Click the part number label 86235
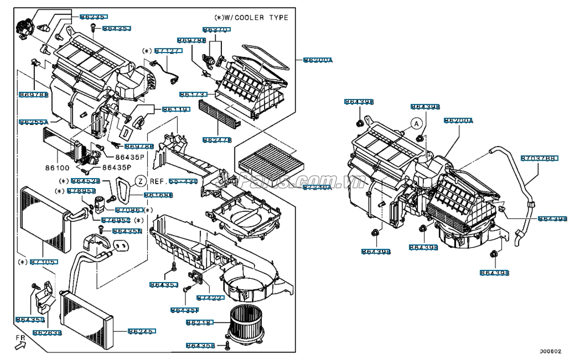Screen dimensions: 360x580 [x=94, y=17]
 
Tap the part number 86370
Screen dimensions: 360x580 [x=216, y=29]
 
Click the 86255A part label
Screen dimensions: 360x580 [x=34, y=122]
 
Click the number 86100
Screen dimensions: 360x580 [x=57, y=166]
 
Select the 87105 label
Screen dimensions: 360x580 [x=43, y=262]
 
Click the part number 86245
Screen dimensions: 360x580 [x=142, y=332]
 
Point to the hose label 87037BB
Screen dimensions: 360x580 [x=539, y=159]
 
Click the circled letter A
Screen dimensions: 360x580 [x=416, y=124]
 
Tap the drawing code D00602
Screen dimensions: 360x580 [x=551, y=351]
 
